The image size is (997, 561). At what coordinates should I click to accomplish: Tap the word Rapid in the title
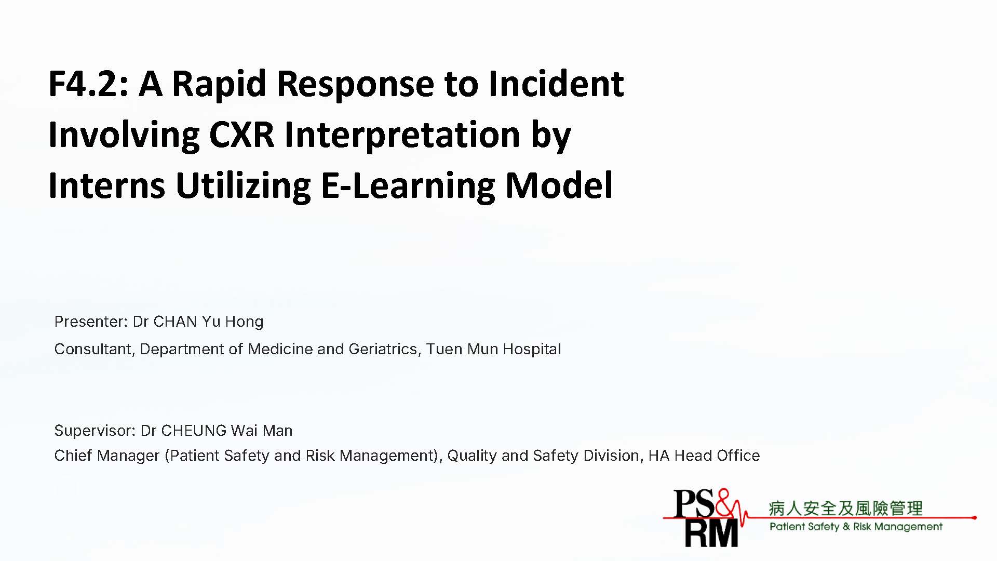click(219, 84)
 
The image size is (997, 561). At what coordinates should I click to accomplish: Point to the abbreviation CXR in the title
click(241, 134)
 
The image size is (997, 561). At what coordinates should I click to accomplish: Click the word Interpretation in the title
click(402, 135)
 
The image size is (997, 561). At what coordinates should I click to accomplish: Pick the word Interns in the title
click(107, 185)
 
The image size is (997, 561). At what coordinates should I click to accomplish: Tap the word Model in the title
click(559, 185)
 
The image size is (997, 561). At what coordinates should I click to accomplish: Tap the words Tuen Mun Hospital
click(493, 349)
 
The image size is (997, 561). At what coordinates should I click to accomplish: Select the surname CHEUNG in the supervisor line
click(194, 431)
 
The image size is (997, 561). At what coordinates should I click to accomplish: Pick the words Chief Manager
click(106, 456)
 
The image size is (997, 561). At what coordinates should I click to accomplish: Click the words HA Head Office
click(704, 456)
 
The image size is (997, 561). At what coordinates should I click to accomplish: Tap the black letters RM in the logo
click(711, 533)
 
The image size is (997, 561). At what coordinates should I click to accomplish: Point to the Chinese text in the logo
click(845, 508)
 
